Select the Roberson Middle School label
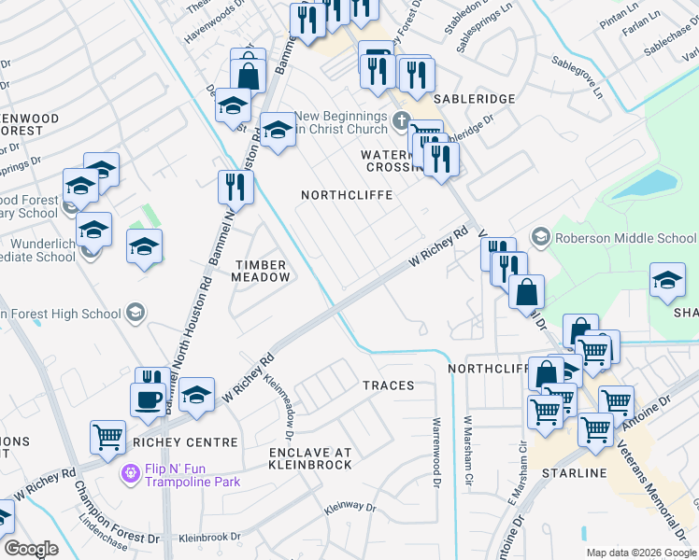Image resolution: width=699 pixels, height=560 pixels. [x=625, y=238]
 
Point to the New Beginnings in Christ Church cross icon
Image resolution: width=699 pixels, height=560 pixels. [x=402, y=120]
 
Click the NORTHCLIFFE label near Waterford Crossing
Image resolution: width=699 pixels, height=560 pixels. [x=346, y=195]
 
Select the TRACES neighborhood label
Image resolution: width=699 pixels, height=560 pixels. [x=389, y=385]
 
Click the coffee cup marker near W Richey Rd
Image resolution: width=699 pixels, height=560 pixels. [x=147, y=398]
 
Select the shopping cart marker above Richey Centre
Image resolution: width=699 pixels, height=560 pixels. [x=107, y=436]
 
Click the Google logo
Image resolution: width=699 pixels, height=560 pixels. [x=31, y=549]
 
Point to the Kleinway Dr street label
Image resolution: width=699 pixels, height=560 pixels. [x=349, y=509]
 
